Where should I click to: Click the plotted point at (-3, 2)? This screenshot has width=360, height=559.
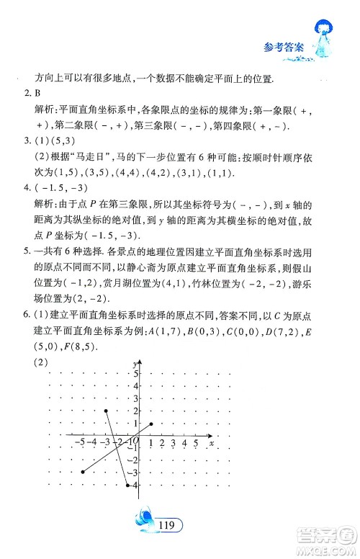(x=106, y=411)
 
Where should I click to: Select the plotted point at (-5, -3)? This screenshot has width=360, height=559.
(x=83, y=472)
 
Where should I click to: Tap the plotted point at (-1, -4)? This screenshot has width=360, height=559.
(x=128, y=484)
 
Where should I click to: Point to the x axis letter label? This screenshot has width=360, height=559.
(x=210, y=443)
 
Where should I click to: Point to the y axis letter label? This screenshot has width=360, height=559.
(x=135, y=365)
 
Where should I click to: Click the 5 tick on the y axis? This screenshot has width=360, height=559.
(x=133, y=375)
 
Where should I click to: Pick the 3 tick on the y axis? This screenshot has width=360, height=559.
(x=133, y=399)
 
